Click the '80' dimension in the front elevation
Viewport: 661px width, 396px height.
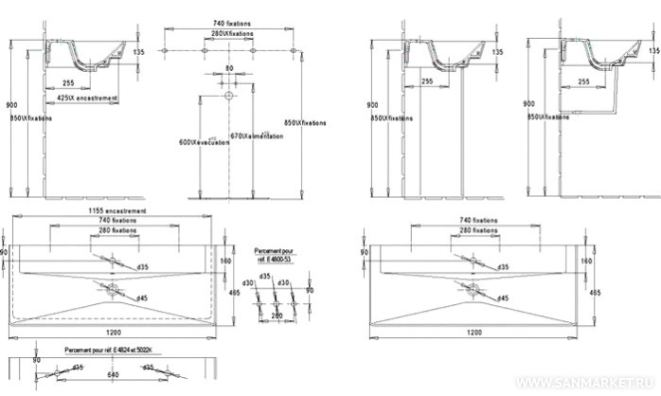[228, 68]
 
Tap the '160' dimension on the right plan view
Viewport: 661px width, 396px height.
[586, 259]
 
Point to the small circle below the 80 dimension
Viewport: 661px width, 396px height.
[228, 96]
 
